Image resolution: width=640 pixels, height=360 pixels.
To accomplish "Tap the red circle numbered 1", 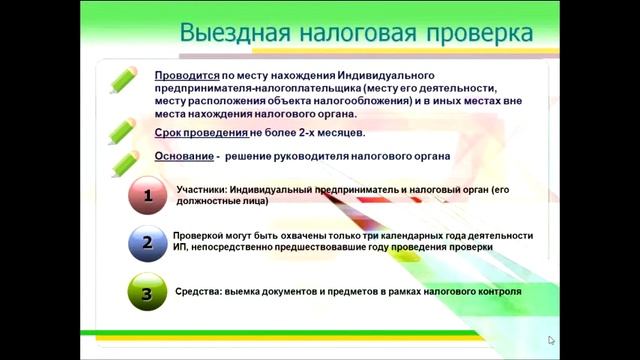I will [x=148, y=197].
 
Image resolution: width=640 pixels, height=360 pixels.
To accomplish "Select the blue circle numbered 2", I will [x=148, y=243].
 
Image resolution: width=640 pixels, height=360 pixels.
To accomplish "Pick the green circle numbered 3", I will [x=148, y=294].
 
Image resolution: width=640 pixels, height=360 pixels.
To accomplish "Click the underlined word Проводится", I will [x=186, y=76].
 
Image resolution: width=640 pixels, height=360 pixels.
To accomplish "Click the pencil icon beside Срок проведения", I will [x=124, y=131].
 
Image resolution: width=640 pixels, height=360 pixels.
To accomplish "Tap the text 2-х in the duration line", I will [x=309, y=132].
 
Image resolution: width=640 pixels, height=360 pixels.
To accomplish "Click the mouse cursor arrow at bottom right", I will [x=551, y=341].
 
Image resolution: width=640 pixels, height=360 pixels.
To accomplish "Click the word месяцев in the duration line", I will [x=343, y=132].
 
